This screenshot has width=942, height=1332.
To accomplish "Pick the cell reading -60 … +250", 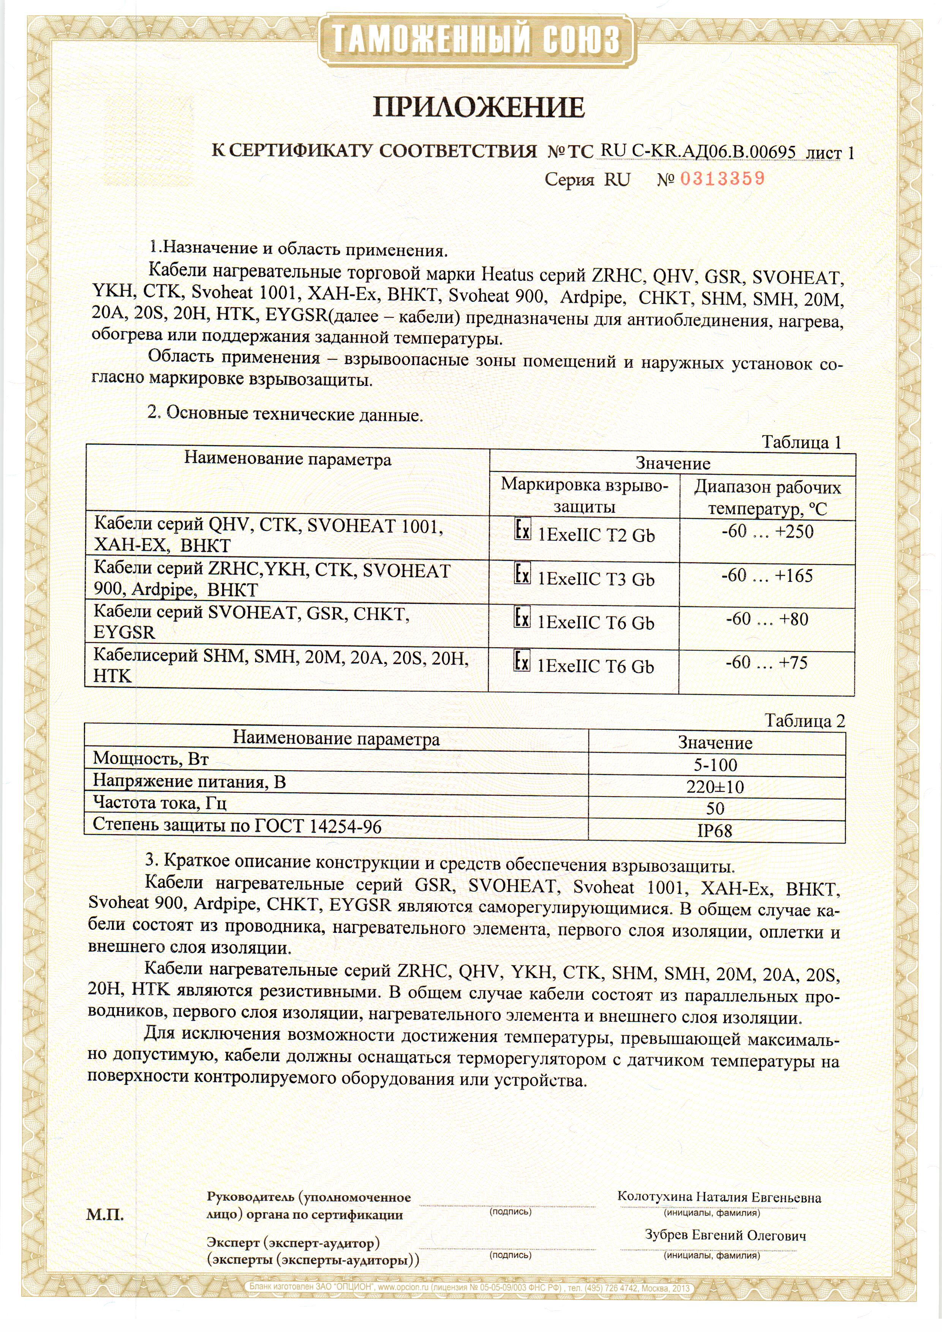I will pyautogui.click(x=767, y=532).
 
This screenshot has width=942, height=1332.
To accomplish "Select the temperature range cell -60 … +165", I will pyautogui.click(x=767, y=576).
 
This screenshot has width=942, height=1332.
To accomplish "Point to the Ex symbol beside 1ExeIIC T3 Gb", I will pyautogui.click(x=522, y=574).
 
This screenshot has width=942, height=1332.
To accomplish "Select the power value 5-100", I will pyautogui.click(x=715, y=765).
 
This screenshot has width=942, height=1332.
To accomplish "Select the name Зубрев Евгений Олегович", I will pyautogui.click(x=725, y=1236).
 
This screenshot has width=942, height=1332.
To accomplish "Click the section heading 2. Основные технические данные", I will pyautogui.click(x=285, y=414).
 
